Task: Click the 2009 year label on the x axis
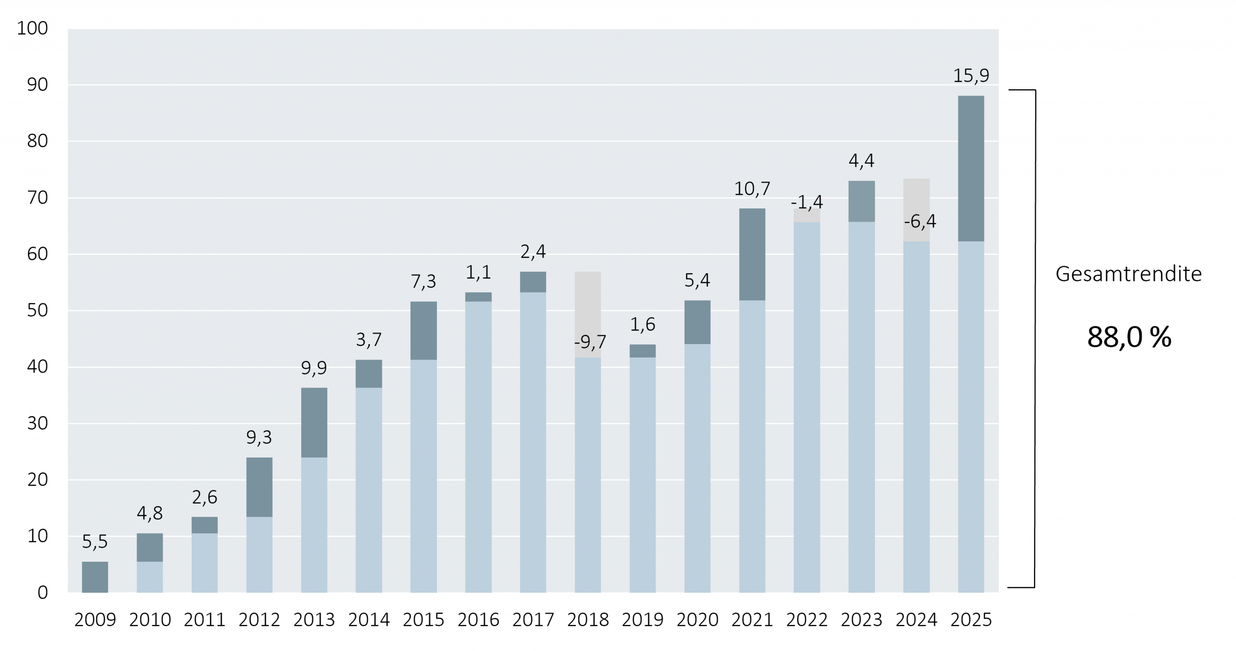pos(95,619)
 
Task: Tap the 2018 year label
pos(588,619)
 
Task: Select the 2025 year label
pos(971,619)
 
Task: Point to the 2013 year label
pos(314,619)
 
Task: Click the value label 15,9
pos(971,76)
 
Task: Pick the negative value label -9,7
pos(590,342)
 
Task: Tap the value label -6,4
pos(920,222)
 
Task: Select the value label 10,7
pos(752,189)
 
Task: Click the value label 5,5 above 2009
pos(95,542)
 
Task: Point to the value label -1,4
pos(808,202)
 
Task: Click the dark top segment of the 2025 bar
pos(971,168)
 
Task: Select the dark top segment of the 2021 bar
pos(752,254)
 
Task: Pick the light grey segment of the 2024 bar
pos(916,198)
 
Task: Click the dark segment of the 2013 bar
pos(314,422)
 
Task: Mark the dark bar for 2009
pos(95,577)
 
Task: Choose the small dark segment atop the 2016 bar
pos(478,297)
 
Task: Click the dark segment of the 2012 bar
pos(259,487)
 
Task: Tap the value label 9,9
pos(314,368)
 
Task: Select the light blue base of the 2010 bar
pos(150,577)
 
